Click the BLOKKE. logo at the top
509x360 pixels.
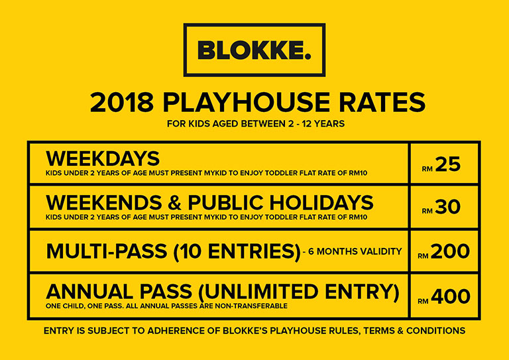pos(254,50)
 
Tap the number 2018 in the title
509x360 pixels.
pos(122,102)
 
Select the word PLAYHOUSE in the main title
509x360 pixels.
pos(243,102)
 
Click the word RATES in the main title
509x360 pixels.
pos(380,102)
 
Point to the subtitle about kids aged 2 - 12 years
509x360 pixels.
pos(256,124)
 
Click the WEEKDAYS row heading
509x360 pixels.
pos(103,158)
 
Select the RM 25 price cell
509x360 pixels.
pos(445,164)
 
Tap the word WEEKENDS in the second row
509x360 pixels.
pos(104,203)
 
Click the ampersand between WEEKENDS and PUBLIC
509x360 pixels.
pos(175,203)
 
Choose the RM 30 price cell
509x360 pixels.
pos(445,207)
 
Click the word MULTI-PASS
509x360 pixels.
pos(107,251)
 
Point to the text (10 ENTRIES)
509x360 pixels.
pos(237,252)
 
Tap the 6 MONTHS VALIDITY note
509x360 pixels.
pos(353,251)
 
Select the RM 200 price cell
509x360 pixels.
pos(445,251)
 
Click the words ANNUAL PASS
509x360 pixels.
pos(119,291)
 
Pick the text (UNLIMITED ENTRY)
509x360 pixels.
pos(298,292)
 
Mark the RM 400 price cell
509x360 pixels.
pos(445,296)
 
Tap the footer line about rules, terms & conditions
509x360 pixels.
pos(254,331)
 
